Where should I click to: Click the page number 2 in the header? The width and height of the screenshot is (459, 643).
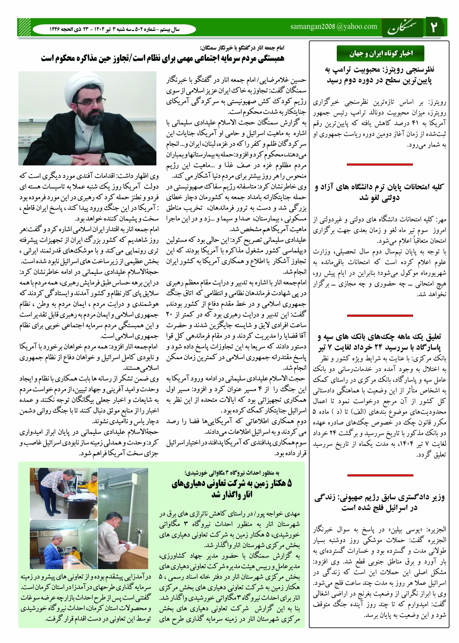click(x=434, y=28)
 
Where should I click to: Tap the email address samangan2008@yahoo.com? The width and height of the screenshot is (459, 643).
click(x=334, y=27)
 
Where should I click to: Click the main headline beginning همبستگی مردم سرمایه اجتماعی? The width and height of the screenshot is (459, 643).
click(x=163, y=58)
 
